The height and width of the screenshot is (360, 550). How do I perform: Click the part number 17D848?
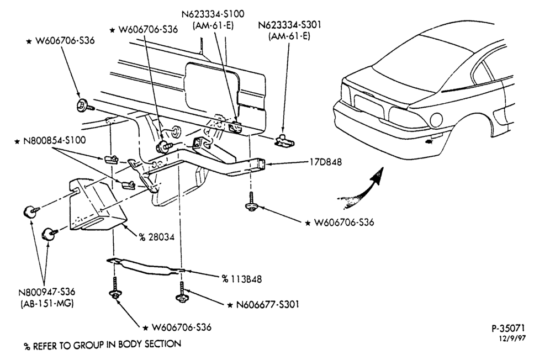click(325, 162)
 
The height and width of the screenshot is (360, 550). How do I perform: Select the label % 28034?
click(156, 237)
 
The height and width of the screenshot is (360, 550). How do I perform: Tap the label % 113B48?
click(242, 279)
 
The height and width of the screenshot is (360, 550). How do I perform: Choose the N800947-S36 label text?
click(47, 292)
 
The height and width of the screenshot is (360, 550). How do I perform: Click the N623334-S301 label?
click(290, 25)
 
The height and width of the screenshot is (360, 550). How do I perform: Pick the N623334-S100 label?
click(213, 14)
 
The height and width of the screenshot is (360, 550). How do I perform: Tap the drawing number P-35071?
click(508, 328)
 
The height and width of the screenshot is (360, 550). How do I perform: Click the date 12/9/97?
click(513, 338)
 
